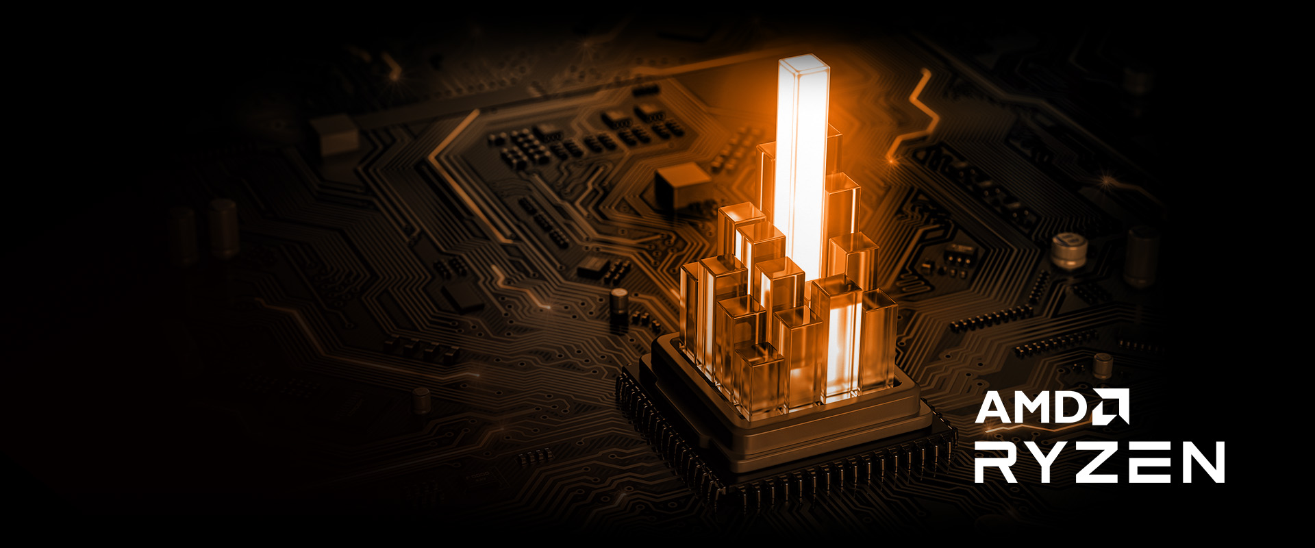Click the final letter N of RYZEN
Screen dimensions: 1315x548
pos(1201,462)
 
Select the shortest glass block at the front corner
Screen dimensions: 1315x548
pos(759,380)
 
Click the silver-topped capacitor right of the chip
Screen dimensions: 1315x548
pos(1066,250)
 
